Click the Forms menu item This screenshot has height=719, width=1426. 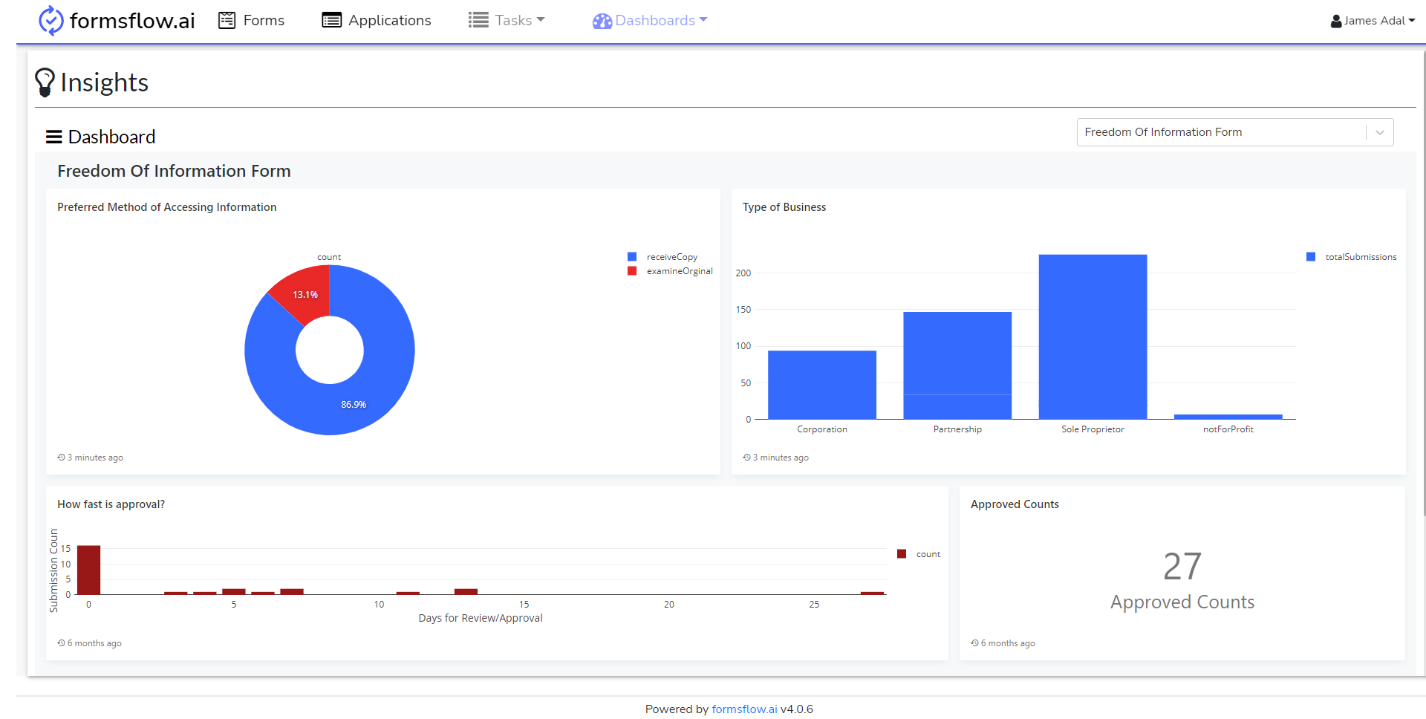tap(252, 20)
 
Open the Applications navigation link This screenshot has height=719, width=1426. tap(376, 20)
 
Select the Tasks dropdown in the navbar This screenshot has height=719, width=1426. tap(507, 20)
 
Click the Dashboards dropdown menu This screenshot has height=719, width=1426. tap(650, 20)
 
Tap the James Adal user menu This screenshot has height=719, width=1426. tap(1373, 21)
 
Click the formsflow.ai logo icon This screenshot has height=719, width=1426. tap(51, 20)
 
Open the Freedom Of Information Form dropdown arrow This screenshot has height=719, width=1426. tap(1379, 132)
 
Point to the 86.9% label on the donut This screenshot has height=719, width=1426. tap(354, 405)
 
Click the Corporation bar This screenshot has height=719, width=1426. tap(821, 385)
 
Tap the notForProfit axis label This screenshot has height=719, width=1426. tap(1228, 429)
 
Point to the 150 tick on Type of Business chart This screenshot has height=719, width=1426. tap(743, 310)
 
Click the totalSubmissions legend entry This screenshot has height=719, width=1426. tap(1360, 257)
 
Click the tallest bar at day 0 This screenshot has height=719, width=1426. tap(89, 570)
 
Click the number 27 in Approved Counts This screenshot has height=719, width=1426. tap(1182, 567)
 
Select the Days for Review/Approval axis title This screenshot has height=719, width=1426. tap(481, 618)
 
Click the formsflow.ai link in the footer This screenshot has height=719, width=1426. tap(744, 709)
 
